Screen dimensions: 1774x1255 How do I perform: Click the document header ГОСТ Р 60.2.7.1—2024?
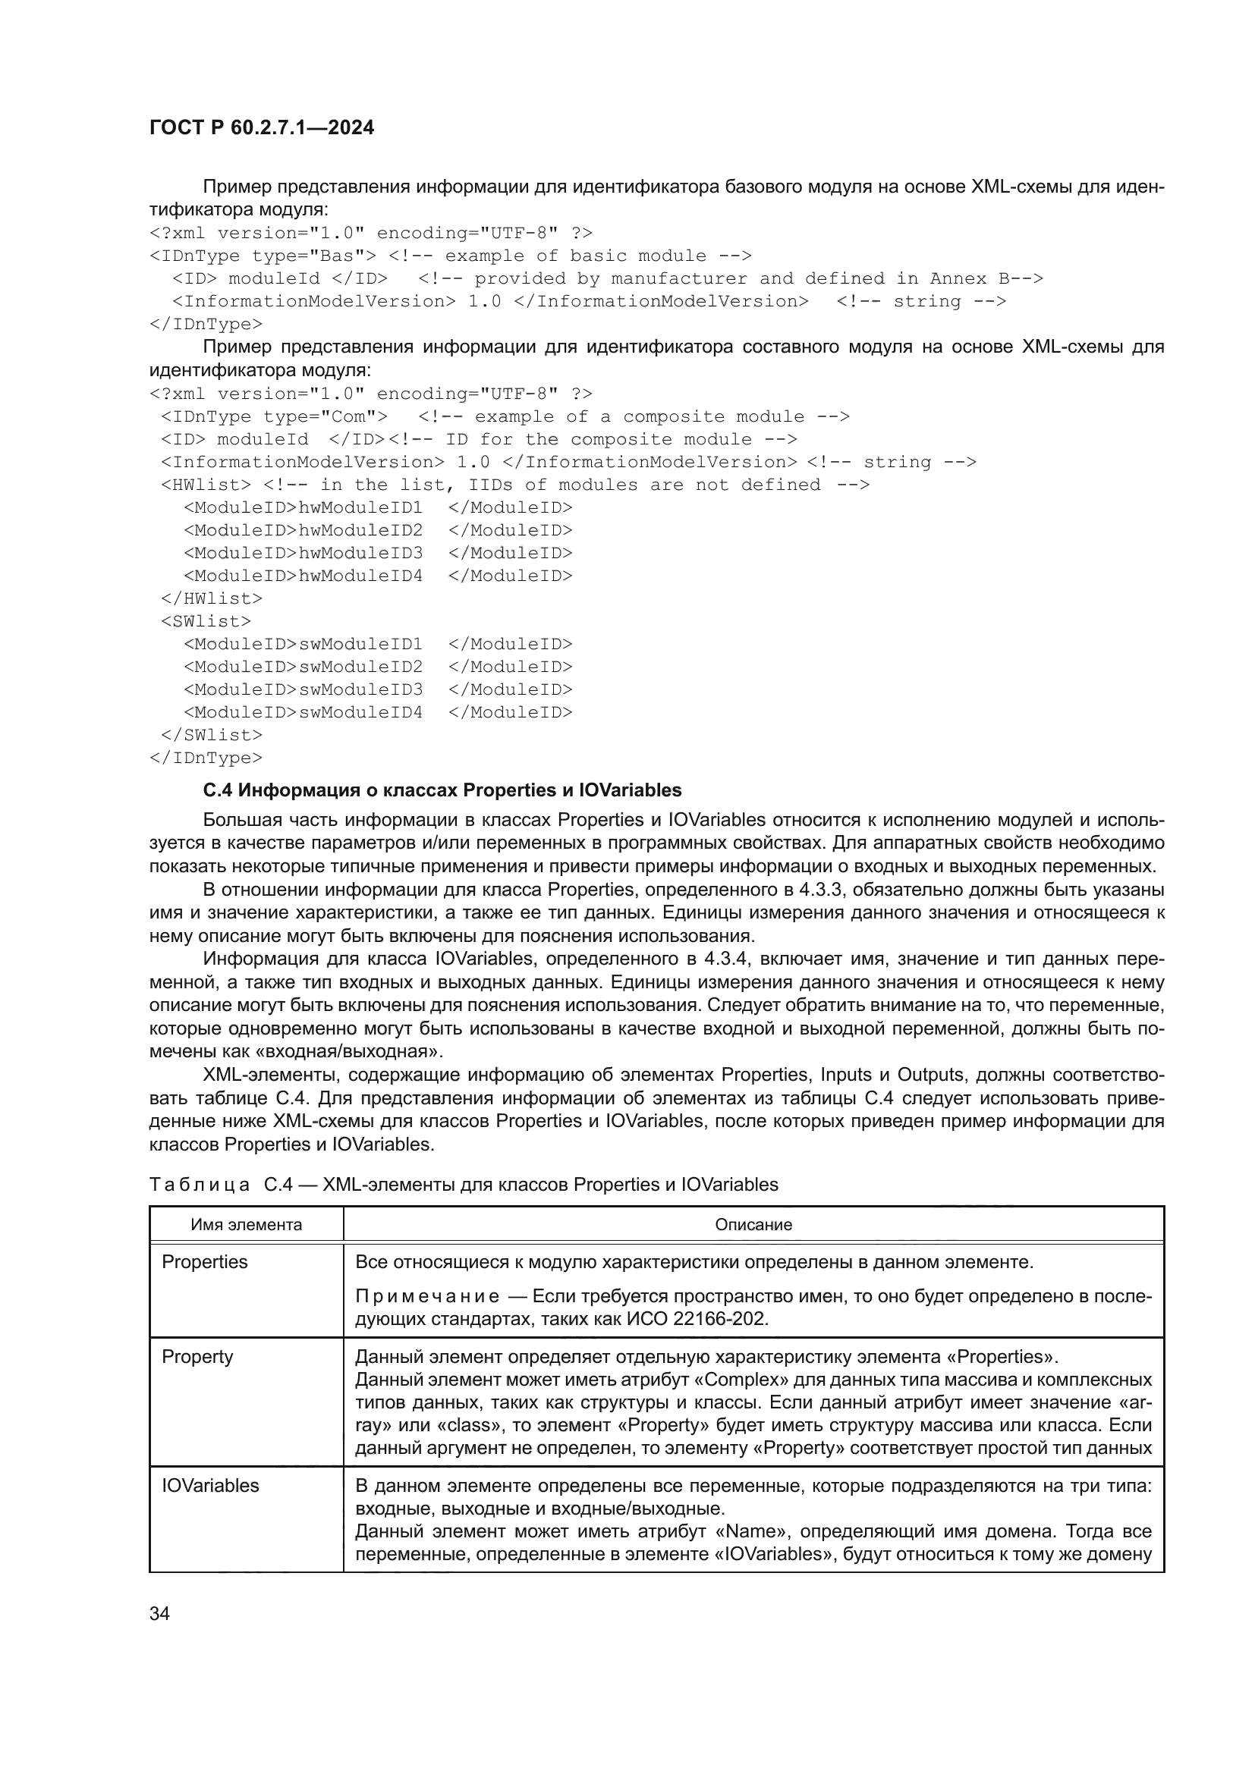pyautogui.click(x=261, y=128)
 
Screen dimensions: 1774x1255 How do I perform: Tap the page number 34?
pyautogui.click(x=159, y=1613)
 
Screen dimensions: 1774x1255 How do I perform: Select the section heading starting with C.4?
pyautogui.click(x=442, y=790)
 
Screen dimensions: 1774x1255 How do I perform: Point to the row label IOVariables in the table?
pyautogui.click(x=210, y=1485)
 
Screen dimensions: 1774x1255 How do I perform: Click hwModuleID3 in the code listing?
pyautogui.click(x=360, y=553)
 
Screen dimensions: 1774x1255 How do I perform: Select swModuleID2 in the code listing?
pyautogui.click(x=360, y=667)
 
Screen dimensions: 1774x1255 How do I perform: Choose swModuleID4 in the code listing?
pyautogui.click(x=360, y=712)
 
